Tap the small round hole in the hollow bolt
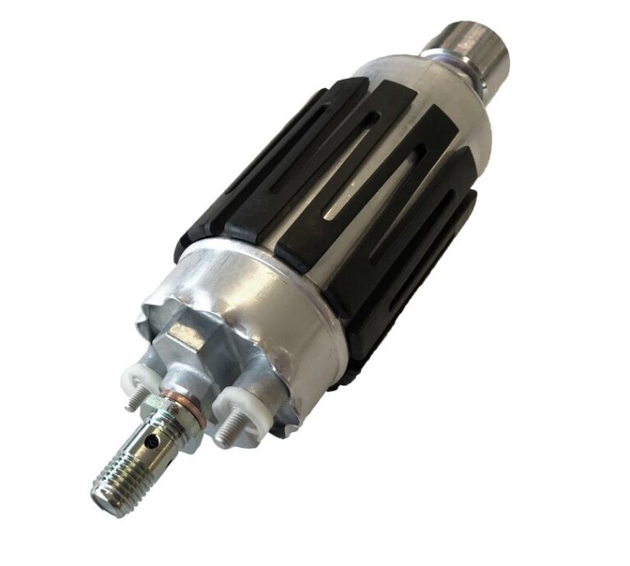152,440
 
